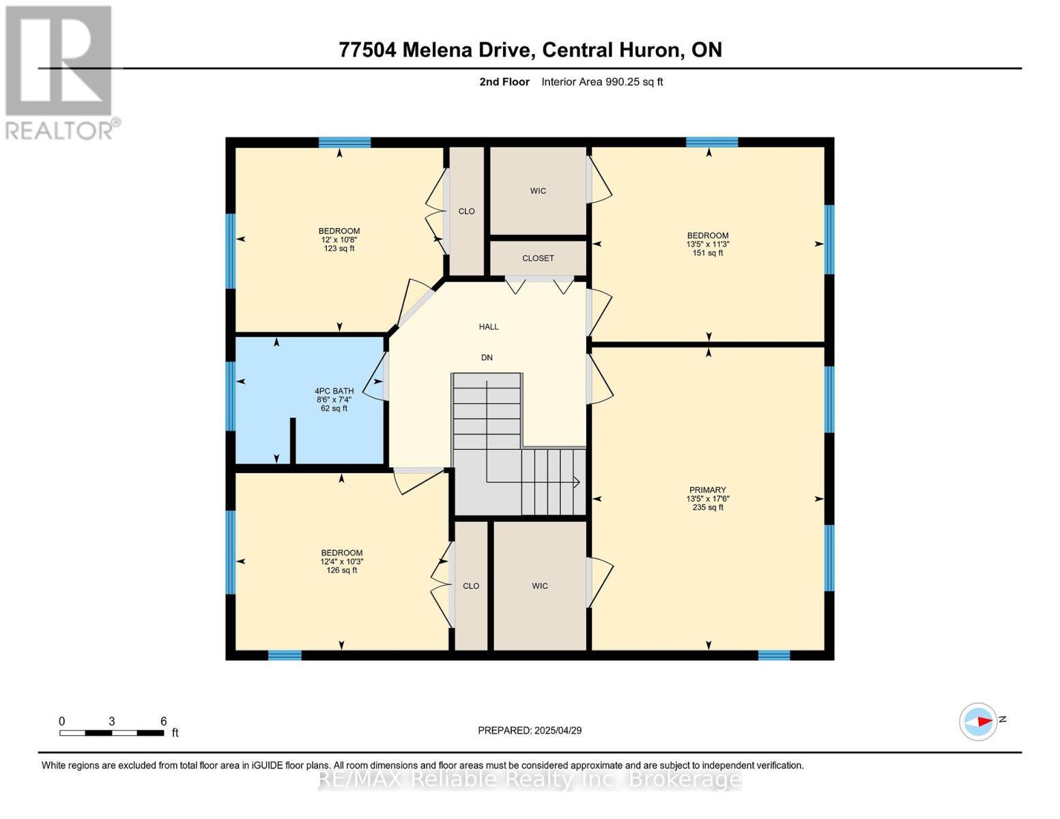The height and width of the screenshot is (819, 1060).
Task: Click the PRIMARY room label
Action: pos(707,490)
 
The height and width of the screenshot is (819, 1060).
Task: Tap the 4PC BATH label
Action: pos(334,391)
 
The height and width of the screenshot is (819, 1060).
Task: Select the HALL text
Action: pos(489,327)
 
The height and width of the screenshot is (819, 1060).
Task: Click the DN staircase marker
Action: pos(487,358)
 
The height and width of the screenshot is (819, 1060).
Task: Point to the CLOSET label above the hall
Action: pos(538,259)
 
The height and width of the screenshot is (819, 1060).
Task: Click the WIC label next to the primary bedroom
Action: pos(540,586)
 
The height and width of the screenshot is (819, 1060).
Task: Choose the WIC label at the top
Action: pos(538,191)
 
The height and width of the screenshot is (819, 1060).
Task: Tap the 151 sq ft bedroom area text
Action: pos(708,253)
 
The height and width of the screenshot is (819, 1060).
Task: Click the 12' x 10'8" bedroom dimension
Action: pos(339,240)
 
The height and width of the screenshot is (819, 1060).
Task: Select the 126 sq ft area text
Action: pos(342,571)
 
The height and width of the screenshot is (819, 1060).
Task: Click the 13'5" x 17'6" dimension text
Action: pos(708,499)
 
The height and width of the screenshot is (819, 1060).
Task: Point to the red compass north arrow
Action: pos(983,721)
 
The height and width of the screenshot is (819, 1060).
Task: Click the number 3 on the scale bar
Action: pos(111,721)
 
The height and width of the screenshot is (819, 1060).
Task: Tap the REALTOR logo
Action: pos(60,72)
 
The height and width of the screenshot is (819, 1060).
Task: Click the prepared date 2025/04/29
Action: pos(558,730)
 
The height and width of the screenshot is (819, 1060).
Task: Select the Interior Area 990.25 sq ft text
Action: pos(602,82)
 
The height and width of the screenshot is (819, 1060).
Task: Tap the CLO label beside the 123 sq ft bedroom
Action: pos(466,212)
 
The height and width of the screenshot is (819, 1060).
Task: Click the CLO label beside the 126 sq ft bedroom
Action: pos(471,586)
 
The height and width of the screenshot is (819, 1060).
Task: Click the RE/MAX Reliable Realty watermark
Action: pos(530,779)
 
